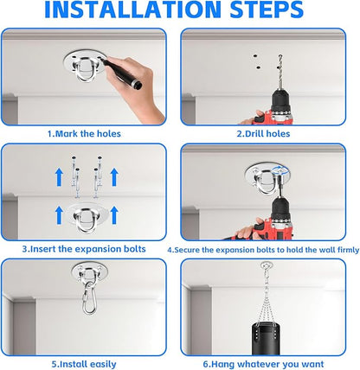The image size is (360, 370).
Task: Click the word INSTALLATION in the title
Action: coord(133,10)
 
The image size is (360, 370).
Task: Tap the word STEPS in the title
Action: coord(267,10)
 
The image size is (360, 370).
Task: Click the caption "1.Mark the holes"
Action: coord(84,134)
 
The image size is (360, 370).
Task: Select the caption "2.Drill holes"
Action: coord(263,134)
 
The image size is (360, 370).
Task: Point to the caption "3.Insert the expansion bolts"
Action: coord(84,249)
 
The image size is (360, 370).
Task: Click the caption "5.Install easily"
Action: coord(84,364)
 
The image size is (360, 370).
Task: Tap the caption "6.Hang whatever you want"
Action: coord(263,364)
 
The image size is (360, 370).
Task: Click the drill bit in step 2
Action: coord(280,72)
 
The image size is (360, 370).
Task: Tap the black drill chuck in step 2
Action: coord(280,101)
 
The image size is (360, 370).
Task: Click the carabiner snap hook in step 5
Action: coord(88,298)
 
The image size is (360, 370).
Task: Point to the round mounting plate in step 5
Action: coord(89,271)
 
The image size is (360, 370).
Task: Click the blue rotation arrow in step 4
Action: coord(280,170)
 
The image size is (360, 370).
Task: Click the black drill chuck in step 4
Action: coord(280,208)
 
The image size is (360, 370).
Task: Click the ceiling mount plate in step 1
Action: coord(84,66)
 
